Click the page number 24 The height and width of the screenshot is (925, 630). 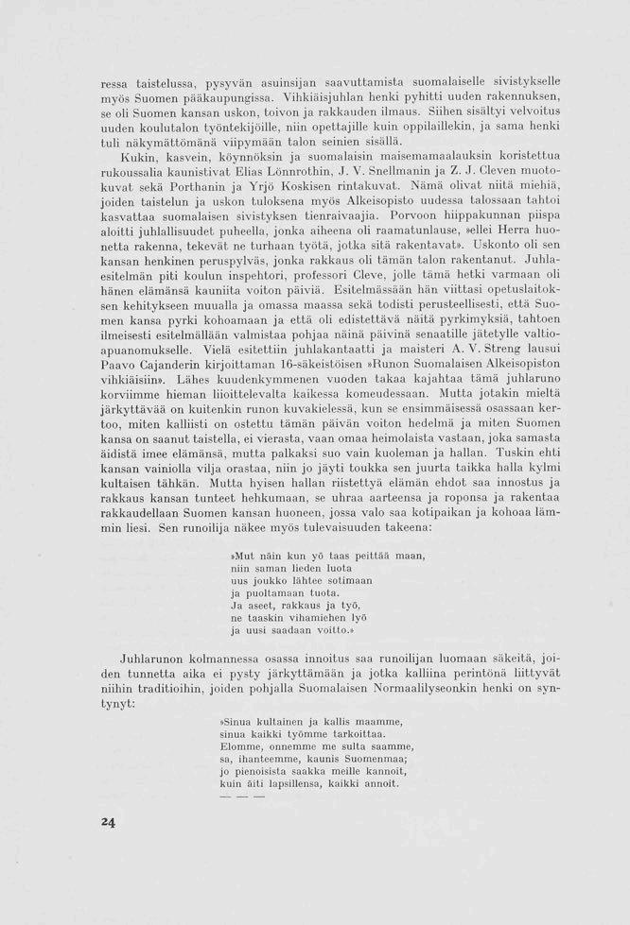[108, 822]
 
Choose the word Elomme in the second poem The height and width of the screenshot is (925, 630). [239, 745]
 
